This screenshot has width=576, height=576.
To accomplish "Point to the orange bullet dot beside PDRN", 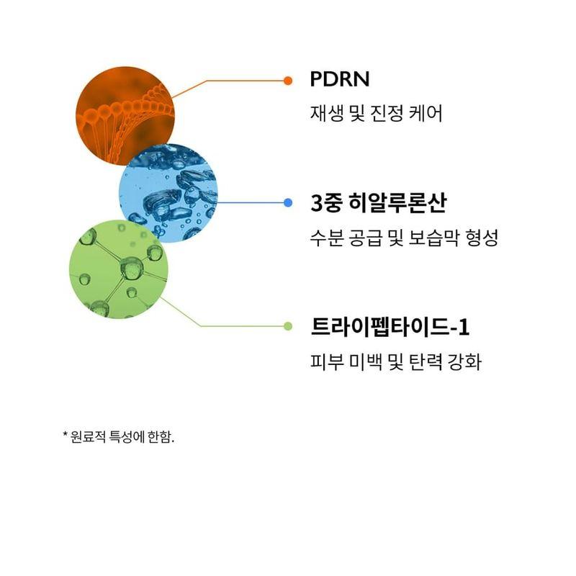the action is tap(288, 80).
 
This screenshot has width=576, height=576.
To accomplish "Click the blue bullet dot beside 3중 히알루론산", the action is tap(288, 203).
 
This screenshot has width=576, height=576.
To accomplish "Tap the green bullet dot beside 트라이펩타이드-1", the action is tap(288, 326).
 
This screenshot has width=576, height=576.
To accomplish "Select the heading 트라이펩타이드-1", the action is tap(390, 327).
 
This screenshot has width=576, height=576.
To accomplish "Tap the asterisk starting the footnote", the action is tap(65, 436).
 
